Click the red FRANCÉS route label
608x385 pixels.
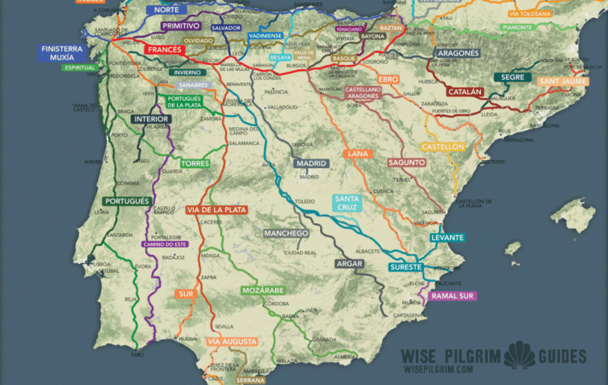[164, 50]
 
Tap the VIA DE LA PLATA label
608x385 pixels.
[217, 210]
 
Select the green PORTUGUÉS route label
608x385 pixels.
[127, 201]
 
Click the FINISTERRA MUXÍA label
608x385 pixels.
[62, 53]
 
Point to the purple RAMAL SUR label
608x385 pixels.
[453, 296]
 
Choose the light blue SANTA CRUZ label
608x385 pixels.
[347, 203]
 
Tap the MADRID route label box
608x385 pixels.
[311, 163]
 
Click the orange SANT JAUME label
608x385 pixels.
[563, 81]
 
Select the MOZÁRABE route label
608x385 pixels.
[263, 290]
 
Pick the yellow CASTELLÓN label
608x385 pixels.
[442, 147]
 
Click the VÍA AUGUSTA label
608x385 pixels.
[232, 342]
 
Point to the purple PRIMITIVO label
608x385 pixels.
[181, 26]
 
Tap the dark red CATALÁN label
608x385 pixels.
[465, 91]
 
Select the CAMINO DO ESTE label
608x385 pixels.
[165, 244]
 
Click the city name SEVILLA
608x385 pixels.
[224, 326]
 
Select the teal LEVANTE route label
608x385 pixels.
[447, 238]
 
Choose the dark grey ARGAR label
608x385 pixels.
[349, 263]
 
